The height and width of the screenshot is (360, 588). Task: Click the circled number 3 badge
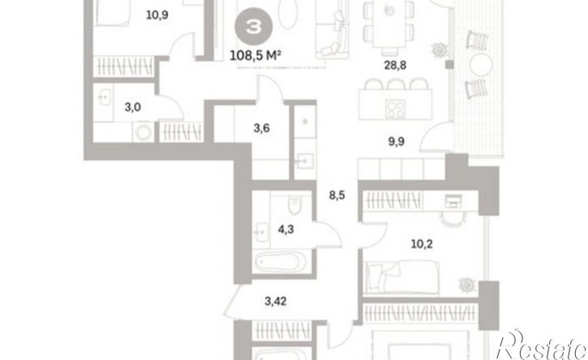(254, 27)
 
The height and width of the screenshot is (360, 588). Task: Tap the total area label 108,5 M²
(255, 56)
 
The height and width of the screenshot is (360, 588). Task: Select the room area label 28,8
(395, 65)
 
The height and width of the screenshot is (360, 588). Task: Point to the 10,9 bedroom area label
(157, 15)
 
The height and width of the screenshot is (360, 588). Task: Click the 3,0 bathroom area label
(133, 108)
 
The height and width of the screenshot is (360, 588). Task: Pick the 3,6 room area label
(261, 128)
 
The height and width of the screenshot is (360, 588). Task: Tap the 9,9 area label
(396, 142)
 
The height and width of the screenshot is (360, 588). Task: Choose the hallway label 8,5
(337, 195)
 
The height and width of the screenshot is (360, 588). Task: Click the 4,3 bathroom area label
(285, 229)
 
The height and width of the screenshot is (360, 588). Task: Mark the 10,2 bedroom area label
(422, 244)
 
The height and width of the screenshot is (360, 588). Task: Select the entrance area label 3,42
(276, 301)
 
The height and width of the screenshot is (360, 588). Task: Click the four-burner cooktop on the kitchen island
(396, 109)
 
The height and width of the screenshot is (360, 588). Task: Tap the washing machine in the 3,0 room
(144, 132)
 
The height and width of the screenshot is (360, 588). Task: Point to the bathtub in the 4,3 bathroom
(277, 262)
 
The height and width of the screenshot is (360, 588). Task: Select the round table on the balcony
(481, 65)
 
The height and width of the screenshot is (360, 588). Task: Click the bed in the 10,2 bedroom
(402, 277)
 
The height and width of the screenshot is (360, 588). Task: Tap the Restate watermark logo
(542, 345)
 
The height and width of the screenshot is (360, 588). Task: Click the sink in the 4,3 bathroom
(261, 232)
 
